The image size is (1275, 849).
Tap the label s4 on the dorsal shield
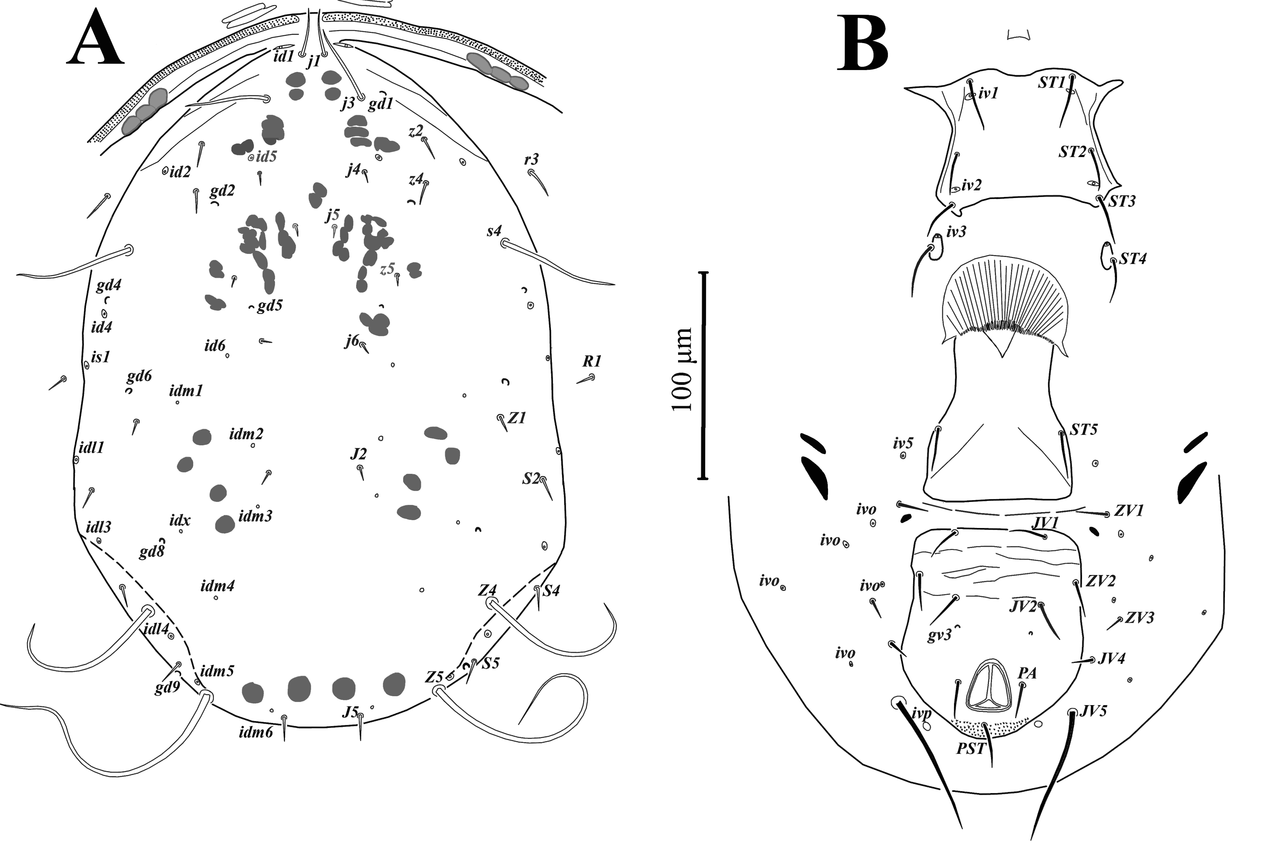pos(494,231)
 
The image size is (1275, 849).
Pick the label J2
pos(358,454)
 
